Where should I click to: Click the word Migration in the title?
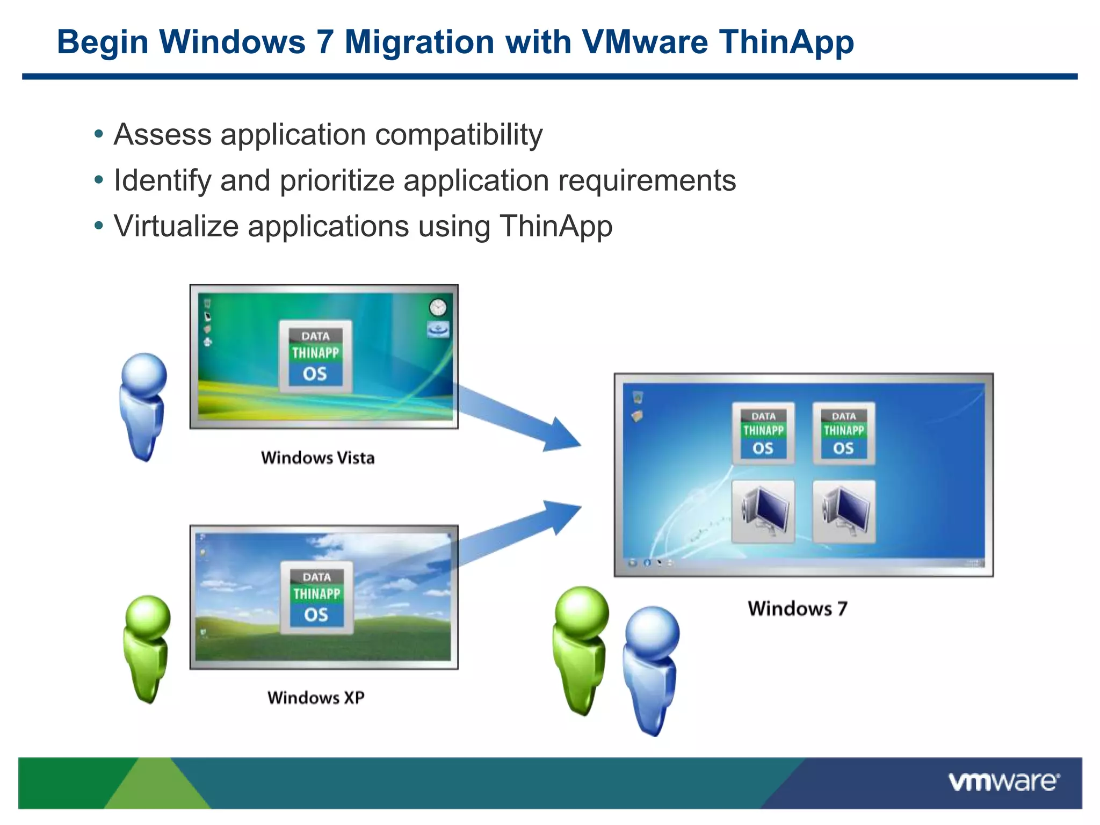[x=419, y=42]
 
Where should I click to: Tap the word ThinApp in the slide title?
[x=787, y=42]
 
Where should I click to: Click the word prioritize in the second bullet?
[x=337, y=180]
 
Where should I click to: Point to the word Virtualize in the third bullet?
[x=176, y=226]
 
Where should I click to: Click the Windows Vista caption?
[x=318, y=458]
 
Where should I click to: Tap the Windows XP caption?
[x=316, y=698]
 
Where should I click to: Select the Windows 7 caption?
[x=798, y=609]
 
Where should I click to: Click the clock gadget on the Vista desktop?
[x=438, y=308]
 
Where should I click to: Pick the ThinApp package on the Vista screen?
[x=315, y=357]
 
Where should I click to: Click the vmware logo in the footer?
[x=1003, y=781]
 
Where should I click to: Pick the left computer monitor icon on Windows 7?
[x=763, y=511]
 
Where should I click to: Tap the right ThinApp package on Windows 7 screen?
[x=843, y=433]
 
